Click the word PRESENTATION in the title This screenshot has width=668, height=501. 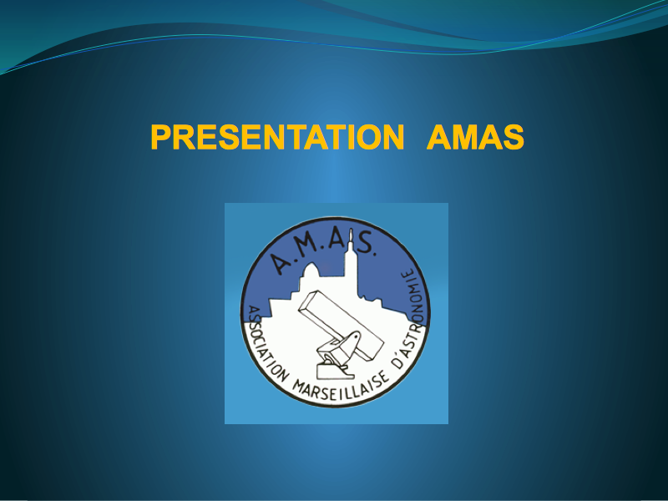[x=277, y=137]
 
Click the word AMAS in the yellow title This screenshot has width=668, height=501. [x=475, y=137]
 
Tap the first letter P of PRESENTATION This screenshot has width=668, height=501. [x=161, y=137]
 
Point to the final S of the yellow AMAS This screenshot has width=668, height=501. [x=513, y=137]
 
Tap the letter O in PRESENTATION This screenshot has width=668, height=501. [x=366, y=137]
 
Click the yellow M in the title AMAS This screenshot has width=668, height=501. [x=463, y=137]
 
